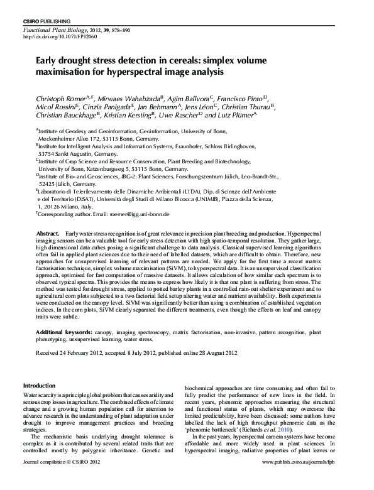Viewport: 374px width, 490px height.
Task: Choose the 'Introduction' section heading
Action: pyautogui.click(x=39, y=385)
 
